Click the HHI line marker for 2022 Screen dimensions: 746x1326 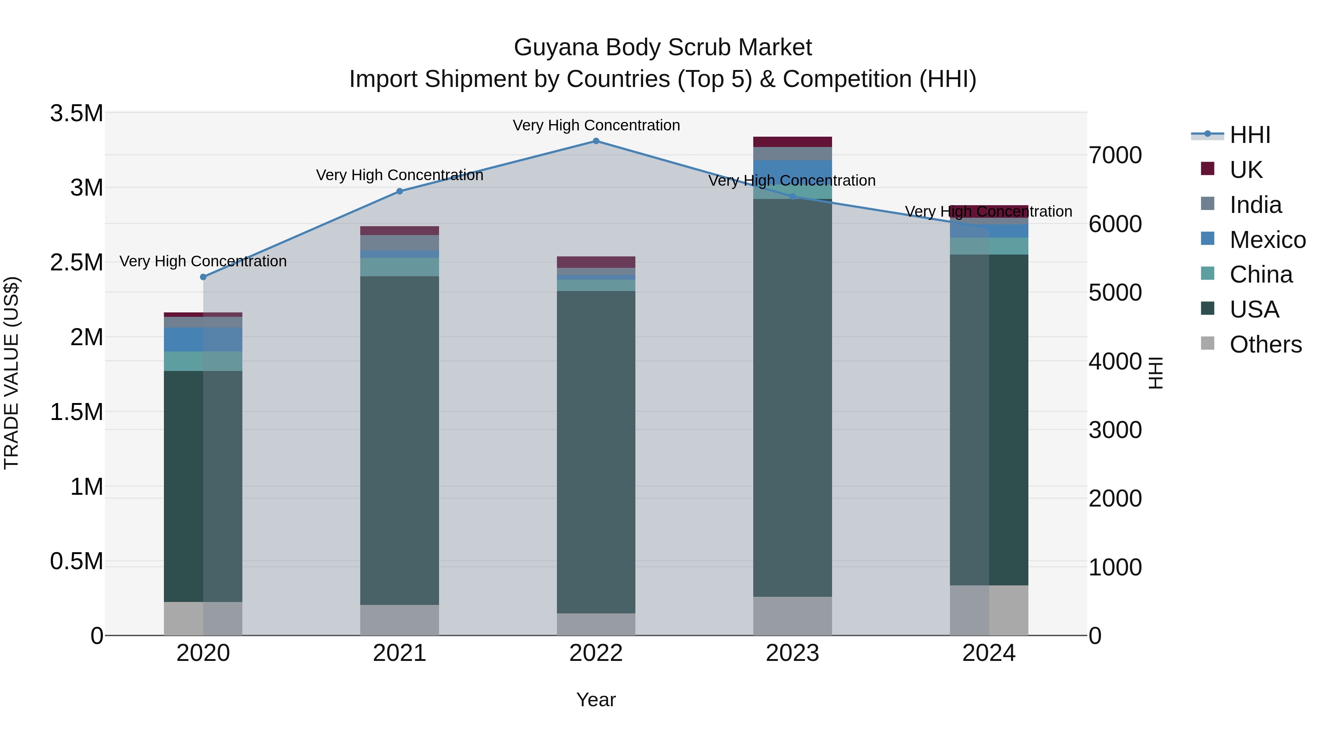pos(596,141)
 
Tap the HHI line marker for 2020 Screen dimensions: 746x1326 pos(203,277)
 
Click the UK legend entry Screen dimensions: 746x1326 pos(1246,169)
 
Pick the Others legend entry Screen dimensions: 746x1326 pos(1265,344)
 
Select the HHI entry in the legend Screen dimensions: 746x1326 pos(1250,135)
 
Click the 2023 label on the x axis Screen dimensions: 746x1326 pos(793,653)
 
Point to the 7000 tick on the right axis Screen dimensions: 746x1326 pos(1115,155)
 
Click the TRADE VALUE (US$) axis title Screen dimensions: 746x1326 pos(11,373)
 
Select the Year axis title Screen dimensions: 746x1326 pos(596,700)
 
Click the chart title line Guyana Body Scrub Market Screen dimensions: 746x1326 pos(663,48)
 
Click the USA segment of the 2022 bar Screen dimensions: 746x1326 pos(596,452)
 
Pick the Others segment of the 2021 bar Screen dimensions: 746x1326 pos(399,620)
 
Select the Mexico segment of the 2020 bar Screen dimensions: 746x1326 pos(203,339)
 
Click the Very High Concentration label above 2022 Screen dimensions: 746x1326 pos(596,125)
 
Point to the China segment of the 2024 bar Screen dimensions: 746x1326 pos(989,246)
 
